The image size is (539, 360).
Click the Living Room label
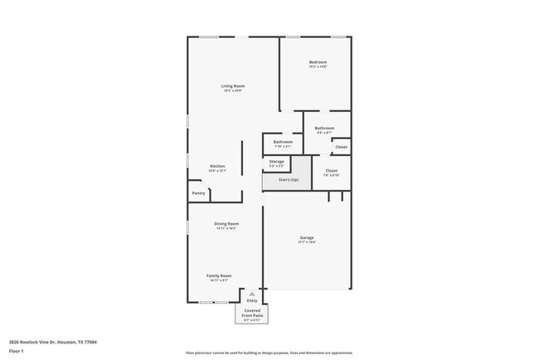pos(232,86)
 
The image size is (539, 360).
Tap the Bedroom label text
pos(318,62)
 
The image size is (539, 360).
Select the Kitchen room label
pos(217,166)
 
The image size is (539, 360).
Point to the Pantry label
pos(198,193)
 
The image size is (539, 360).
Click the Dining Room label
pos(227,223)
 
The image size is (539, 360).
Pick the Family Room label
pos(219,275)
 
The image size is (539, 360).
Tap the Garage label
pos(307,238)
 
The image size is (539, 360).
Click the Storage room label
pos(276,161)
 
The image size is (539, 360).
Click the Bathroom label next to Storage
pos(277,142)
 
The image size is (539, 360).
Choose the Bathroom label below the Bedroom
pos(324,128)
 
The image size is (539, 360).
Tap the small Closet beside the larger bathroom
pos(341,147)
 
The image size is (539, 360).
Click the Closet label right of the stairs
pos(331,171)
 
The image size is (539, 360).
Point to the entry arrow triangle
pos(252,294)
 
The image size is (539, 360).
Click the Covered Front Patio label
pos(252,313)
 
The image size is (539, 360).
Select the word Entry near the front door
pos(252,300)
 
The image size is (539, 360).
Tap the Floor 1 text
pos(16,351)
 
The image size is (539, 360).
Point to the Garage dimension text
pos(307,242)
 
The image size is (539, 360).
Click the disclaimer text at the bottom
pos(269,353)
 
